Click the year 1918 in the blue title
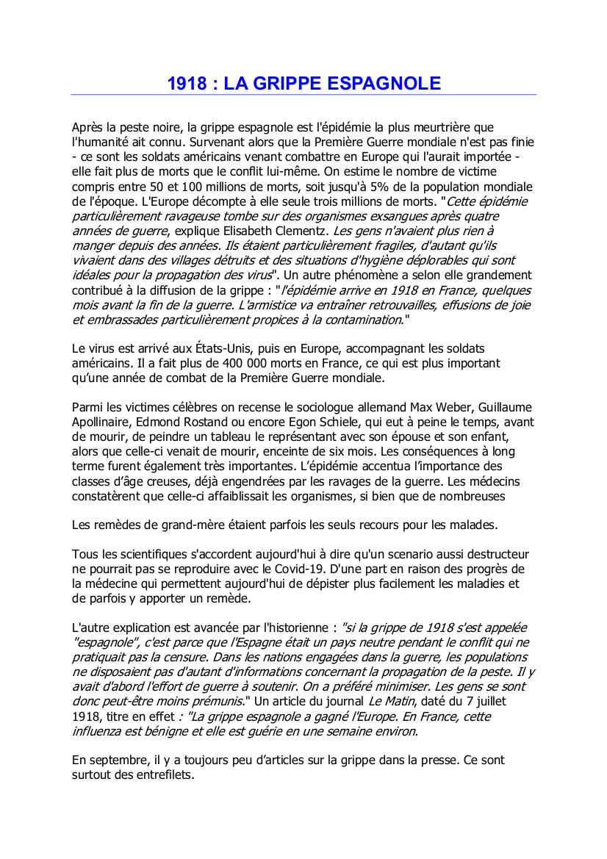click(x=187, y=83)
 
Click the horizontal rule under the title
click(x=303, y=95)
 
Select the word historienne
click(x=291, y=628)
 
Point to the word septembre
click(x=115, y=760)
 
